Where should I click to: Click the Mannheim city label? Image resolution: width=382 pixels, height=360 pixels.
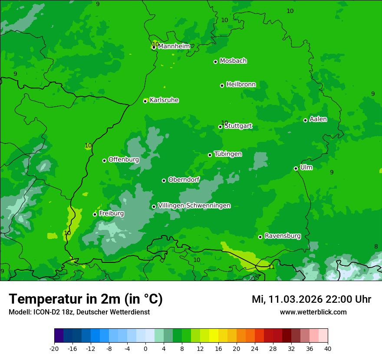pos(174,46)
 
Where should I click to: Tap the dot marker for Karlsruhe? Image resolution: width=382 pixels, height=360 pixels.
pos(145,101)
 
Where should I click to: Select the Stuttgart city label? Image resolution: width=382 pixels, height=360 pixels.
pos(238,126)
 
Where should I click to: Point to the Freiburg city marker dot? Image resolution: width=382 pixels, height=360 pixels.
pos(95,214)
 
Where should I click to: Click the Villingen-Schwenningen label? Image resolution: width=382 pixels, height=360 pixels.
pos(194,206)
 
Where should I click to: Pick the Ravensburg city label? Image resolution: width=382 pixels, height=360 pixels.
pos(283,236)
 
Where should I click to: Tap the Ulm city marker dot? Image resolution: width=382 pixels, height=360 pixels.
pos(296,168)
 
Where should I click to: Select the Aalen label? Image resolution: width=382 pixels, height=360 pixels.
pos(318,119)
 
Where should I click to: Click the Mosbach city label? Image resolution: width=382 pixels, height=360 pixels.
pos(233,61)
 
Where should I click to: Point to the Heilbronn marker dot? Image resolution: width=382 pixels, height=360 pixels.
pos(222,85)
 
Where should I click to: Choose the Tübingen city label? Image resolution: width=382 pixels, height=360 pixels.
pos(228,154)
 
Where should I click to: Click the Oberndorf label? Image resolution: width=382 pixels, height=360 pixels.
pos(184,180)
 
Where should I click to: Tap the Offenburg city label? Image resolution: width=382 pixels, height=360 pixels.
pos(124,160)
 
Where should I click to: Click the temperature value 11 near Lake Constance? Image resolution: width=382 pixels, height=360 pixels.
pos(271,267)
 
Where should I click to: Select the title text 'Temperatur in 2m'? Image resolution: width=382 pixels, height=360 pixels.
pos(65,299)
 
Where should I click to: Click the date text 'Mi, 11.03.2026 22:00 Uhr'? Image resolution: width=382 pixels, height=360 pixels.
pos(311,299)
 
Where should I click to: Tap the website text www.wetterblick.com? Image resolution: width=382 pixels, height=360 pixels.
pos(313,312)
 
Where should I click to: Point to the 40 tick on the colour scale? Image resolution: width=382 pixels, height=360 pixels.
pos(327,348)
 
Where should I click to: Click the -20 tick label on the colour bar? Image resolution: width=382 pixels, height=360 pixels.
pos(54,348)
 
